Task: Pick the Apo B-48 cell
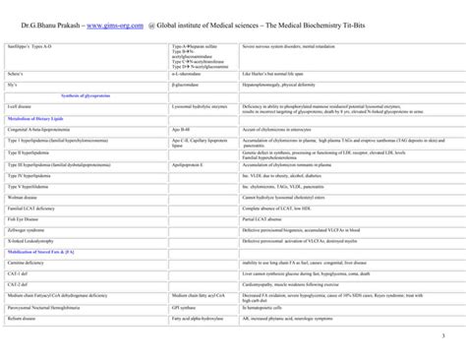pos(182,128)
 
